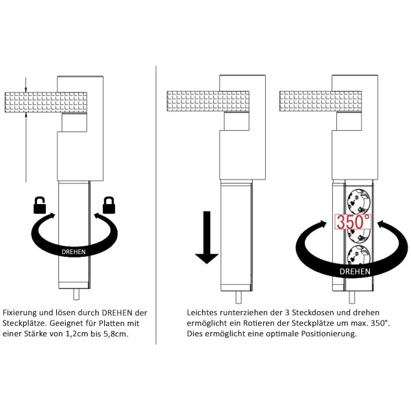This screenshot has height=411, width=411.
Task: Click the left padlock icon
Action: coord(40,206)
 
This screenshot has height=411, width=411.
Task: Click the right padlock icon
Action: coord(109,206)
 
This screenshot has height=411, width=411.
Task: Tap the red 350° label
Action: coord(353,221)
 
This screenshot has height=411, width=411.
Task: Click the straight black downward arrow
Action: coord(207,237)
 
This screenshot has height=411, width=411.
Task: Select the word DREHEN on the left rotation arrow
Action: coord(74,252)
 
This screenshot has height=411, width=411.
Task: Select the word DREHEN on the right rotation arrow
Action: coord(355,271)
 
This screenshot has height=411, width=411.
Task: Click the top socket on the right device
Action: coord(358,202)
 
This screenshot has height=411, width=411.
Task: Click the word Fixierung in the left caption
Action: coord(20,313)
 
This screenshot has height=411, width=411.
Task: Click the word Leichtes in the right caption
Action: coord(202,313)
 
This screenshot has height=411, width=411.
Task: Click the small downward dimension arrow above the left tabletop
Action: coord(26,85)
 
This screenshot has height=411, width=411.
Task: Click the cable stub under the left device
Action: coord(76,295)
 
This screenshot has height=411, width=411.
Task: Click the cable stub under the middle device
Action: coord(238,297)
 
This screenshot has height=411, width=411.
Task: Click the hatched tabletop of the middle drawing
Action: coord(208,101)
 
